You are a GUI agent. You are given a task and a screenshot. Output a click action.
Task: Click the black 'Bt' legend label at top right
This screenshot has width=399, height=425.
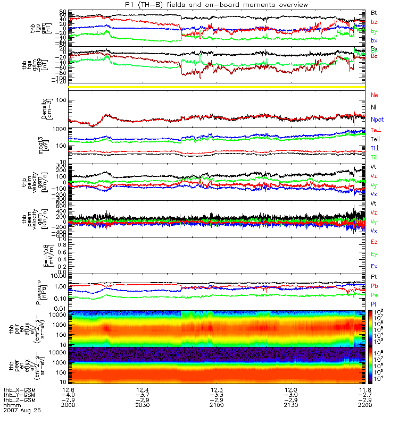pos(374,12)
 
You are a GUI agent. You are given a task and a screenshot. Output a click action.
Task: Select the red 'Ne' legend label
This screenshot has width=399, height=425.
pos(374,95)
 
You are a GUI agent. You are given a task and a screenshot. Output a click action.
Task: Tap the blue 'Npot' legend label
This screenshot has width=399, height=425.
pos(377,120)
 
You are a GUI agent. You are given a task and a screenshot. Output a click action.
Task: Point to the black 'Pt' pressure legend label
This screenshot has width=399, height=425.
pos(374,277)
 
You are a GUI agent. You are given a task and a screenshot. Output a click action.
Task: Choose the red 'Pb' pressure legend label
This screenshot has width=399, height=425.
pos(374,286)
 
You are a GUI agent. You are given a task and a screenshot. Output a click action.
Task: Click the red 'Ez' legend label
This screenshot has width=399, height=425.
pos(374,242)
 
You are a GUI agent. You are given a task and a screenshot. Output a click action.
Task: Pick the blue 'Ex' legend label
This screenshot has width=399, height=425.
pos(374,266)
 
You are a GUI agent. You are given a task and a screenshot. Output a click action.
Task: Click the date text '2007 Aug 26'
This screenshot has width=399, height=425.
pos(21,410)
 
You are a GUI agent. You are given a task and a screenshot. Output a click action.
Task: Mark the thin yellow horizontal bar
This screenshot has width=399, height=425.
pos(218,87)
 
